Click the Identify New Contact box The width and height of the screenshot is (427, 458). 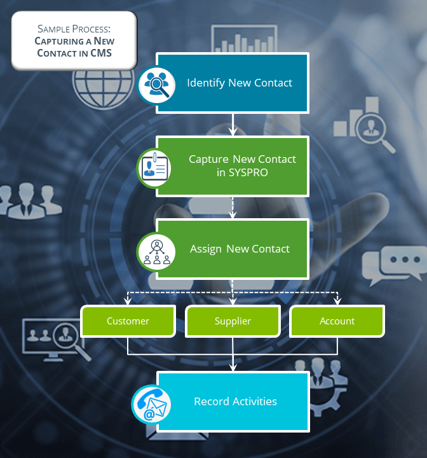click(x=233, y=83)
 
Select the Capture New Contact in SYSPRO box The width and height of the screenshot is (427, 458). click(x=233, y=166)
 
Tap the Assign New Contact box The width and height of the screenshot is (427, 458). click(x=233, y=249)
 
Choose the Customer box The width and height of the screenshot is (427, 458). click(x=128, y=321)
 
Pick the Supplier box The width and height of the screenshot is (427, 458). click(x=233, y=321)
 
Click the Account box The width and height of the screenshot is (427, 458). click(x=337, y=321)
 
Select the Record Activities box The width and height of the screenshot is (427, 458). click(x=233, y=402)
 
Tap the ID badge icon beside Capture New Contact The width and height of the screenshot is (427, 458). click(x=156, y=167)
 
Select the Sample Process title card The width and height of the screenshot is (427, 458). click(x=74, y=41)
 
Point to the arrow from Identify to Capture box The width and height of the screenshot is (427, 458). click(x=233, y=125)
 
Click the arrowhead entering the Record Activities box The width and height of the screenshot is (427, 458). click(x=233, y=366)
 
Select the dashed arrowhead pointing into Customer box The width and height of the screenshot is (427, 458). click(x=128, y=301)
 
